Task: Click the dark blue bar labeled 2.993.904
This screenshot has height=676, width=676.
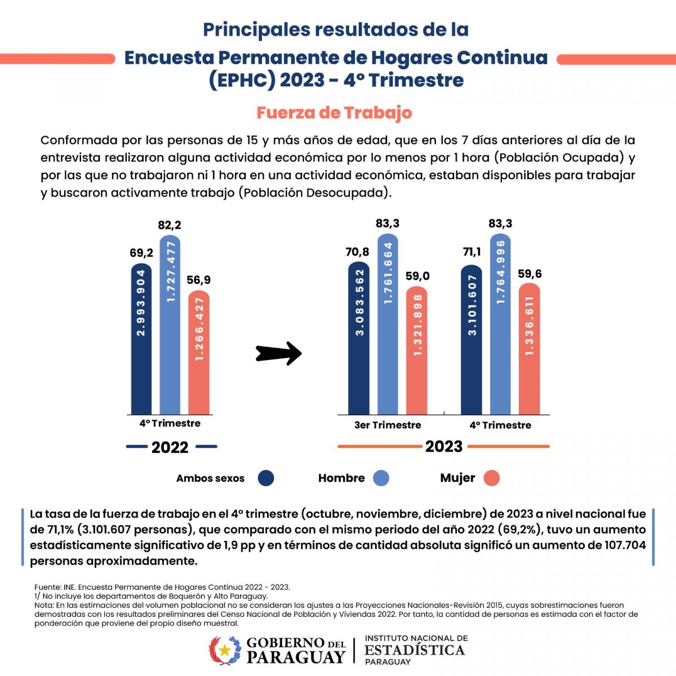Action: click(141, 339)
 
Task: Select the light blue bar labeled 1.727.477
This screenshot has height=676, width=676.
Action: click(170, 325)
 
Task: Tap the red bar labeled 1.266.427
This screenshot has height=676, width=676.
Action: click(199, 353)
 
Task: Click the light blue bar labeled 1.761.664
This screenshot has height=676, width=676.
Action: click(388, 324)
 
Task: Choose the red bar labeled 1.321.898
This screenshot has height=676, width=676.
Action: click(417, 350)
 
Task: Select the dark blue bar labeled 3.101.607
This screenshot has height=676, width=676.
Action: click(472, 340)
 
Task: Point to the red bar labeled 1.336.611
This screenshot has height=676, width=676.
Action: click(530, 349)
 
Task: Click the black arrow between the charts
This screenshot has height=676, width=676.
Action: click(279, 353)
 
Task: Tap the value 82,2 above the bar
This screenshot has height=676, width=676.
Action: click(170, 225)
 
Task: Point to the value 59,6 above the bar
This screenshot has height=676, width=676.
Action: click(530, 274)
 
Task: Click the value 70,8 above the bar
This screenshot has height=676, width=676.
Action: click(358, 252)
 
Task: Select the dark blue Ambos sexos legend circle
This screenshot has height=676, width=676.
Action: click(265, 478)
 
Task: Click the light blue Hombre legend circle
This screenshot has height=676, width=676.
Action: click(381, 478)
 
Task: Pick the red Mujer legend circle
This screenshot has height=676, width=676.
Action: click(491, 478)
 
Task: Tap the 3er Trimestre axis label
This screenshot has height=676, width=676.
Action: click(388, 425)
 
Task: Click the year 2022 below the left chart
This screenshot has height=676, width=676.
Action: click(170, 447)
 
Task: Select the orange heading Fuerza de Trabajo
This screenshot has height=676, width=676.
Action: click(334, 113)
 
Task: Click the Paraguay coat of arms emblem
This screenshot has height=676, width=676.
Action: click(225, 650)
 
